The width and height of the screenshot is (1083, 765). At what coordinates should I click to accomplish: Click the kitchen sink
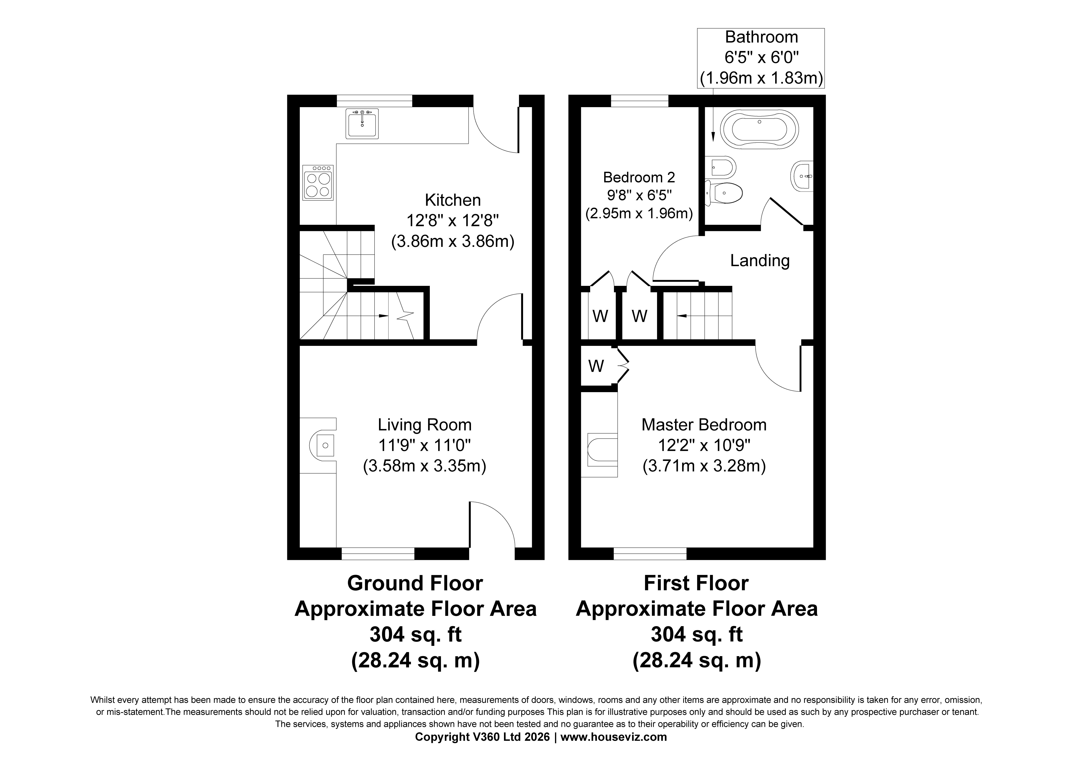[x=362, y=124]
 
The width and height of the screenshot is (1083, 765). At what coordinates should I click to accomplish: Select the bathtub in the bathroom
[x=760, y=130]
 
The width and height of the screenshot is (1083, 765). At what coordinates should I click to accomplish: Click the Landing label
[x=760, y=260]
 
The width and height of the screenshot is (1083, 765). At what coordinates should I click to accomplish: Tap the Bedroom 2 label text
[x=639, y=177]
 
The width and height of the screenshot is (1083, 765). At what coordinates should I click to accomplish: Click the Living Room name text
[x=424, y=425]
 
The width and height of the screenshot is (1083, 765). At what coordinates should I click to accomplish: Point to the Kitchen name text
[x=453, y=200]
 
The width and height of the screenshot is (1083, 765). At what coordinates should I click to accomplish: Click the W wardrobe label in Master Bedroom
[x=596, y=366]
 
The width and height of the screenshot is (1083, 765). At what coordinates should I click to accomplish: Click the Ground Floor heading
[x=415, y=583]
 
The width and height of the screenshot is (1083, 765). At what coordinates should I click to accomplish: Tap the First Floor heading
[x=696, y=583]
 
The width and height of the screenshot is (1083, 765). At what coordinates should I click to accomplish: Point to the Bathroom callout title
[x=761, y=37]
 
